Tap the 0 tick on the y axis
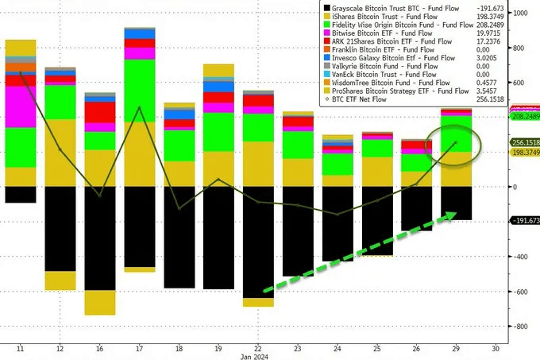pyautogui.click(x=515, y=187)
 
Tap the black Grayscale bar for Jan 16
pyautogui.click(x=99, y=238)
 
